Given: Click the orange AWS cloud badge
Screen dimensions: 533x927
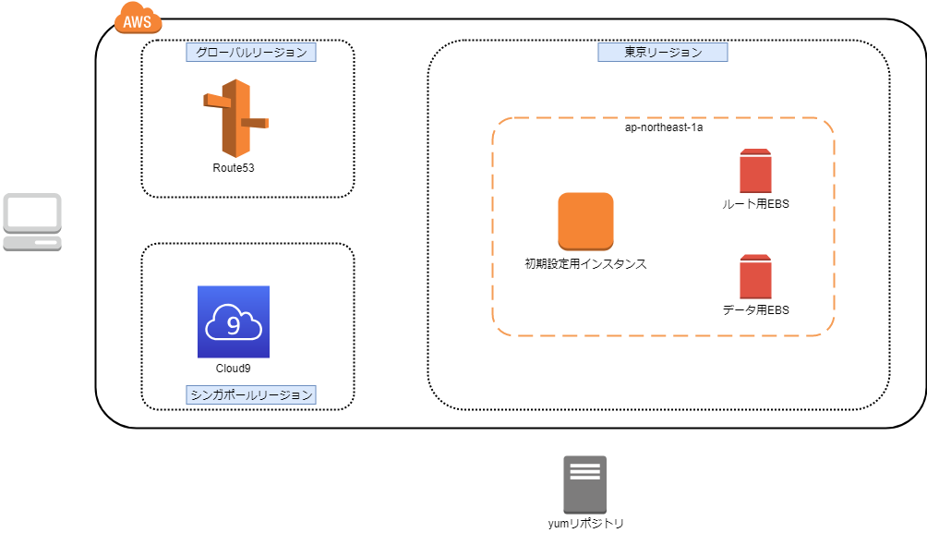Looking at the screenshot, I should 138,18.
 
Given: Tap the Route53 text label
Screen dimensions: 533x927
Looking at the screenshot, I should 234,168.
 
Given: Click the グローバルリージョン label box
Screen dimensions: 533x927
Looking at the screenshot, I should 251,53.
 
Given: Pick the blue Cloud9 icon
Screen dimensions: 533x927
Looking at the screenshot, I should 234,321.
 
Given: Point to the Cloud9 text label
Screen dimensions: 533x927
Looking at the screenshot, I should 234,369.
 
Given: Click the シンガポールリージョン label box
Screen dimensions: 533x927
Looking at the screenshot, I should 251,394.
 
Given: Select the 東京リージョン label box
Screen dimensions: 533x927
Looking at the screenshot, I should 663,53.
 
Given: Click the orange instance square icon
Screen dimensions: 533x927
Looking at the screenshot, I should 585,221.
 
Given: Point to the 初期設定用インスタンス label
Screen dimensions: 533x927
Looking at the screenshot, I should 585,263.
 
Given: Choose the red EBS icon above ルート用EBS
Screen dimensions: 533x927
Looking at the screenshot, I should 755,171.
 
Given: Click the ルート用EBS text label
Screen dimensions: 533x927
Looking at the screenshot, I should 755,204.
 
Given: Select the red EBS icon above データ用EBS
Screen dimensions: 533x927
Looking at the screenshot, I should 755,276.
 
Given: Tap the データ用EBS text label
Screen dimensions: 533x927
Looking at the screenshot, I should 755,310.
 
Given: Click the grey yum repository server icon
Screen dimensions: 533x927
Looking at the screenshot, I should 584,484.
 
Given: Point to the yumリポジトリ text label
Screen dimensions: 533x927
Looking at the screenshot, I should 585,524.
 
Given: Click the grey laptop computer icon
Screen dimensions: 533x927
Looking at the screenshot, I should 32,222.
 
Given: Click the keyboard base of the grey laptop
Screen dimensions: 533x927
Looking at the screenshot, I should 32,243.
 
